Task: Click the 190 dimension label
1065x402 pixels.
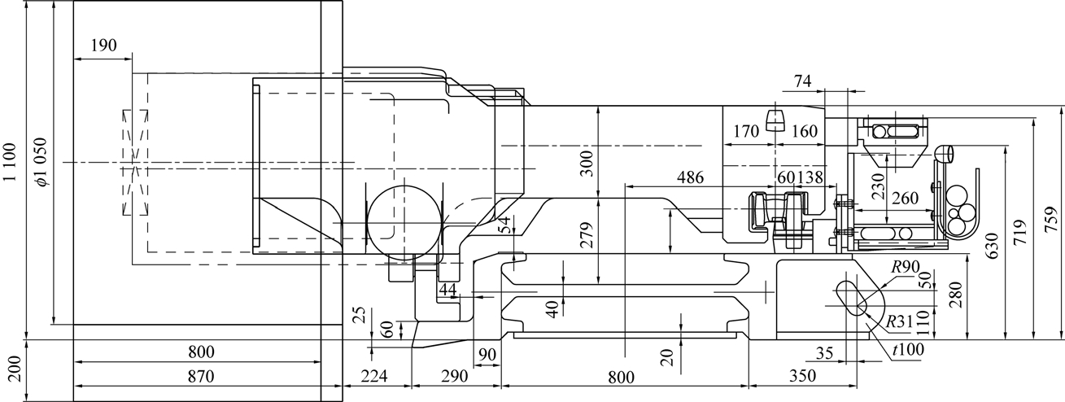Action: (103, 46)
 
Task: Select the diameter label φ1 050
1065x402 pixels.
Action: (41, 162)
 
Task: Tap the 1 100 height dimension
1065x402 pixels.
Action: (11, 162)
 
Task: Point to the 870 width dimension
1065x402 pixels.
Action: (201, 376)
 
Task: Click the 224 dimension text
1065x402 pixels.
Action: (374, 376)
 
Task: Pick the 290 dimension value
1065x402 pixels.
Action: (455, 376)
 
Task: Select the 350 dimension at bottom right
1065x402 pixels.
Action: (802, 376)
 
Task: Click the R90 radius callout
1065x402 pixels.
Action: (906, 267)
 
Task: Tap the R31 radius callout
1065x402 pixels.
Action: (899, 322)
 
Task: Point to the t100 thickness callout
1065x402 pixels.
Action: (908, 350)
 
